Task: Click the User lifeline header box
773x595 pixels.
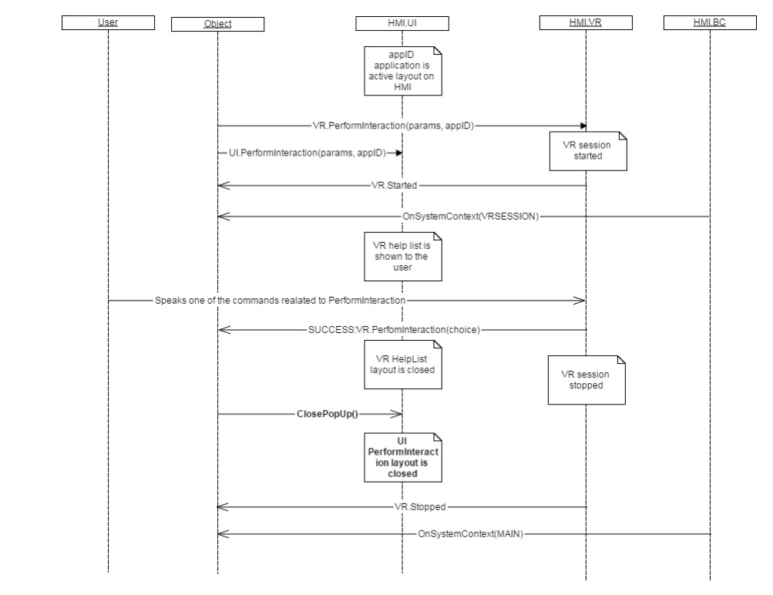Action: point(108,22)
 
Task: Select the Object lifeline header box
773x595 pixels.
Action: point(217,23)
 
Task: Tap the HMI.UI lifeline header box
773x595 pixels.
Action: point(402,23)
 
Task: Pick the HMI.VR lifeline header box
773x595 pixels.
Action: point(586,23)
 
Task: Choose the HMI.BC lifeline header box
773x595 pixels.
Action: point(709,22)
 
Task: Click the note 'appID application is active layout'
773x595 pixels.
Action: point(404,71)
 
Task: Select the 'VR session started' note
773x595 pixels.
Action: point(587,150)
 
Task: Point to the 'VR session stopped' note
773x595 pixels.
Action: point(586,380)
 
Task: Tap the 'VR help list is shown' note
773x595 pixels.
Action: point(404,257)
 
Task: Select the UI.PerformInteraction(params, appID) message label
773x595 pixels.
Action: point(307,153)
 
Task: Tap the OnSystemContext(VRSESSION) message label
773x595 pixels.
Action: point(470,217)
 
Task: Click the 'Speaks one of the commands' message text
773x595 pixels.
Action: point(280,299)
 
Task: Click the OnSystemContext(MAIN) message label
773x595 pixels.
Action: point(470,533)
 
